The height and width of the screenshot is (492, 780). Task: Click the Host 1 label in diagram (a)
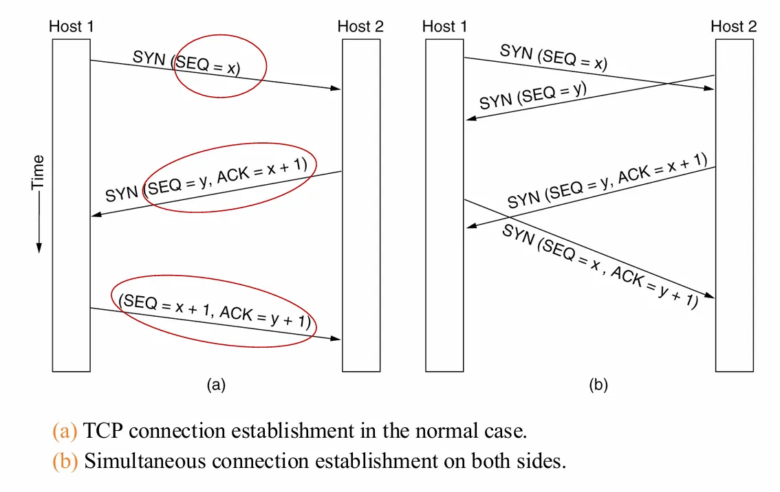72,27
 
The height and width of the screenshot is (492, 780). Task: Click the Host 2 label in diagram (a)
360,27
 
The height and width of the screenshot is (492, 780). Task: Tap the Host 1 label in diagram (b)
444,27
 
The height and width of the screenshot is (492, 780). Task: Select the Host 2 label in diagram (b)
733,27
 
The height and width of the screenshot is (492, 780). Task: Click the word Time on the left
38,172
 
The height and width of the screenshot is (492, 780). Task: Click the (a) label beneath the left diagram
216,385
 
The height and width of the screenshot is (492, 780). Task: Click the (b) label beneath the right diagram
598,385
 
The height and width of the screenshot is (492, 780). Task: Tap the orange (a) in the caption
65,432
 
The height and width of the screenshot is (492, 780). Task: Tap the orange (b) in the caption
65,460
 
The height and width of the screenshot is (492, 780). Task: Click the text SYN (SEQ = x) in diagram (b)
553,58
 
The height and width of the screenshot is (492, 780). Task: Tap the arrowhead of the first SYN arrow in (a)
337,89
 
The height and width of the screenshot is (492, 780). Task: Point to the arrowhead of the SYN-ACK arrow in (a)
96,216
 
